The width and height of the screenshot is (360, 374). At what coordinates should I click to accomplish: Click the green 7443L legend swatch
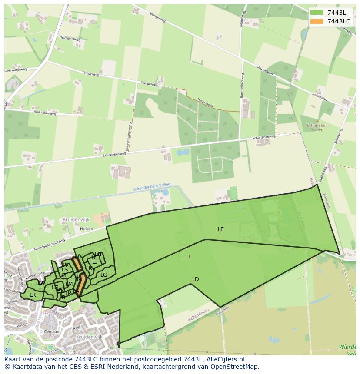[x=317, y=13]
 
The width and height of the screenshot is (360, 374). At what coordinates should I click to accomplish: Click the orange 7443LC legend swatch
[x=317, y=21]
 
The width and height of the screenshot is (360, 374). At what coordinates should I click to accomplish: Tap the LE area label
[x=221, y=229]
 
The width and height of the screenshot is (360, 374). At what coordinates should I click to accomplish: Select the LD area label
[x=195, y=279]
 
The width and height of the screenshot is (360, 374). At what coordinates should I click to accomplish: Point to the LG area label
[x=103, y=275]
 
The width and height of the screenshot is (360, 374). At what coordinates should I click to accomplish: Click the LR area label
[x=33, y=295]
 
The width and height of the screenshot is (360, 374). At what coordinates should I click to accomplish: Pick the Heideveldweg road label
[x=70, y=38]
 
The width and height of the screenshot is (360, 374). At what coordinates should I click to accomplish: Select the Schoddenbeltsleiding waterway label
[x=152, y=187]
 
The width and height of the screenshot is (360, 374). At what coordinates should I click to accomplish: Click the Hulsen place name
[x=87, y=228]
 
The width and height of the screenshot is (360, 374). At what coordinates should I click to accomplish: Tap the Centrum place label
[x=52, y=331]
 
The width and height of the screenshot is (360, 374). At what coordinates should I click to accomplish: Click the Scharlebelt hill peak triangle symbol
[x=317, y=121]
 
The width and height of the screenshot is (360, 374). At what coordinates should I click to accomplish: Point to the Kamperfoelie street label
[x=35, y=275]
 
